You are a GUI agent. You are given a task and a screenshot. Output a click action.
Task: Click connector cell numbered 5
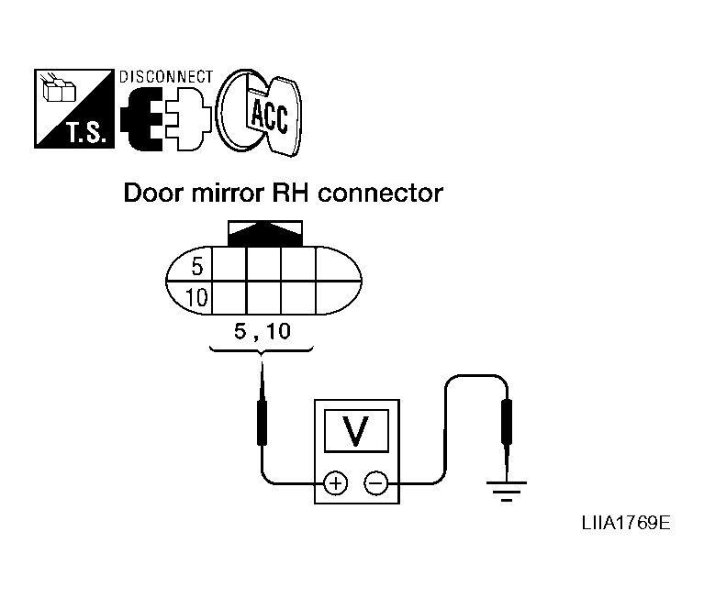click(x=196, y=266)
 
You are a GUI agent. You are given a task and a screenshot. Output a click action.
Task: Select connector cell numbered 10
click(x=196, y=296)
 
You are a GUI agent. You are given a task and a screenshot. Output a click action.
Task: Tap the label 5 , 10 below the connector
click(x=262, y=332)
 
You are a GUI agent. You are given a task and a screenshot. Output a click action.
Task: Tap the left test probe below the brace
click(x=263, y=417)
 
